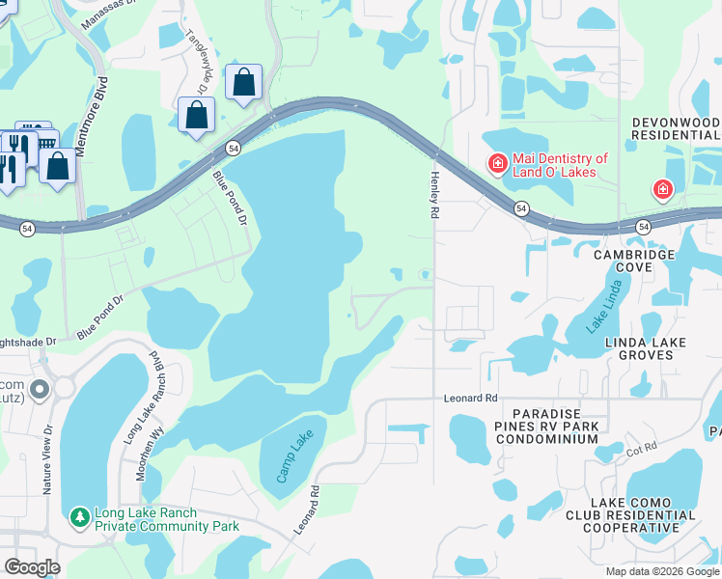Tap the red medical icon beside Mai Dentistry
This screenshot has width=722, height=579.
pos(497,164)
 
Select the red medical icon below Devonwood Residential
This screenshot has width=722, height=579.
pos(663,189)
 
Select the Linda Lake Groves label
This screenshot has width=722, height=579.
pos(645,348)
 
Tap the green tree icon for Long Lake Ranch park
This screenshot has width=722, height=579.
pos(79,519)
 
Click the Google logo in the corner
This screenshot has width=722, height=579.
pos(32,567)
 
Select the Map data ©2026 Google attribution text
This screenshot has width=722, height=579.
pos(662,571)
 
